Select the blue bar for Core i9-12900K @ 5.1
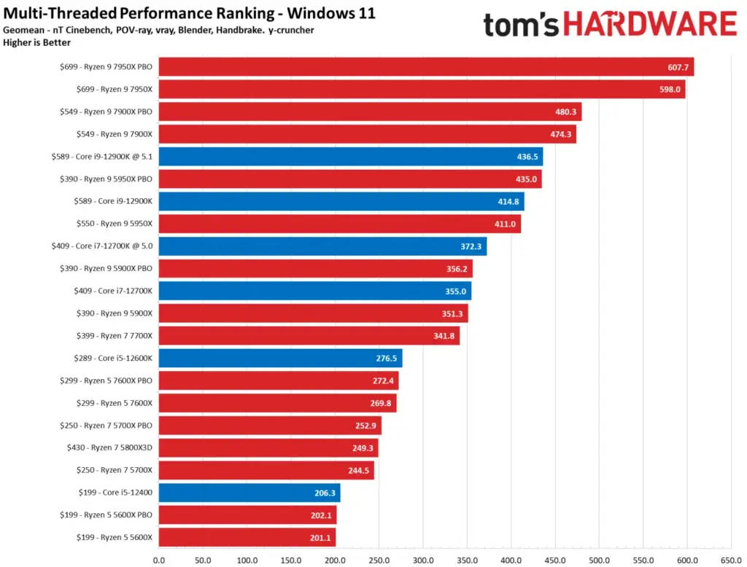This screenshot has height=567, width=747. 350,157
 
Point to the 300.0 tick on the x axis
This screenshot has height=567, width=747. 423,560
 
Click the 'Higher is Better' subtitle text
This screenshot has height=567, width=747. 37,42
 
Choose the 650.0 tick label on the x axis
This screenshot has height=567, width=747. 730,560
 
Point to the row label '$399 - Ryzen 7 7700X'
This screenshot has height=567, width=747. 114,336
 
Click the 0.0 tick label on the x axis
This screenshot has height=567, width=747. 159,560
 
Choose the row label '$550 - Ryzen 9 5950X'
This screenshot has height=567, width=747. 114,224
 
